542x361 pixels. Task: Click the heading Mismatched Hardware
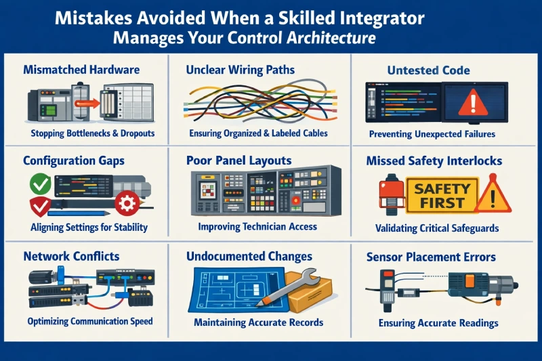81,69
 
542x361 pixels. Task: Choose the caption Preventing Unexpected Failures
432,134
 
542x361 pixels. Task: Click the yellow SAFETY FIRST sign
439,194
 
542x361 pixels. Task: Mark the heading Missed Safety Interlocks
434,161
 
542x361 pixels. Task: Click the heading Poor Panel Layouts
239,161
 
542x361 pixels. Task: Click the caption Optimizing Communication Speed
90,321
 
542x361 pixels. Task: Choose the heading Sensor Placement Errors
431,257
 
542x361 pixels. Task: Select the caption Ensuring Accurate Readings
438,323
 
